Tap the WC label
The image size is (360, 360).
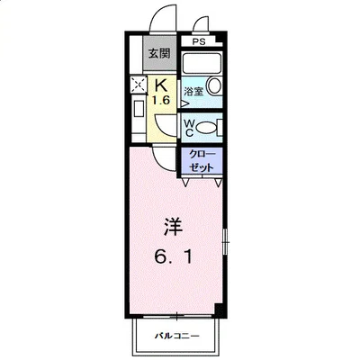point(192,126)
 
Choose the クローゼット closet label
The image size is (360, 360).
point(201,162)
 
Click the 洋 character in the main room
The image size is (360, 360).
point(173,223)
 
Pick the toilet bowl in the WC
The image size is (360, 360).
point(208,128)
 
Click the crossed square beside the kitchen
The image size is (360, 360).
point(139,85)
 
